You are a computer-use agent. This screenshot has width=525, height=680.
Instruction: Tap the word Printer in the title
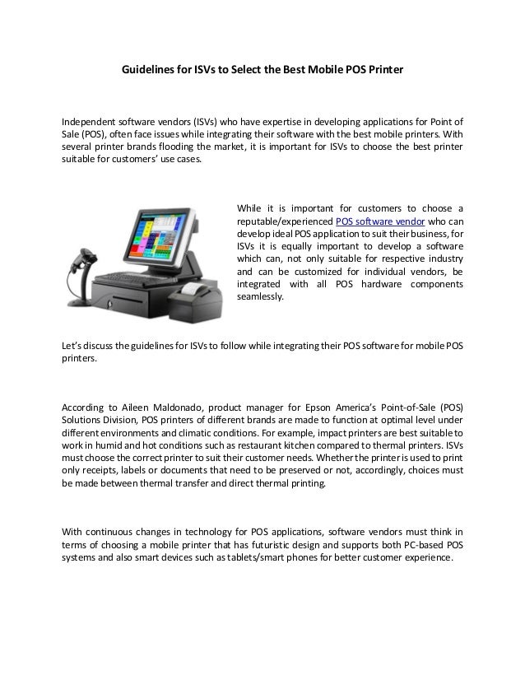pyautogui.click(x=383, y=72)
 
